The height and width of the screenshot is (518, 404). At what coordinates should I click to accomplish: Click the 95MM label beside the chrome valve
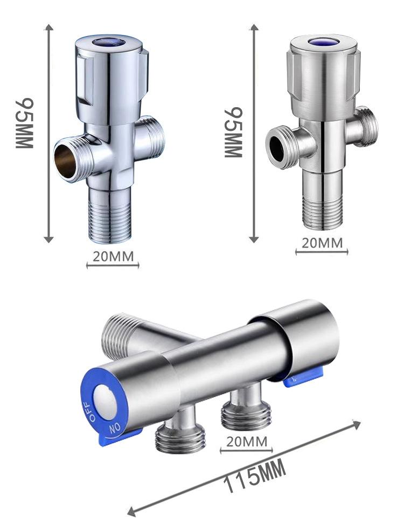pos(24,123)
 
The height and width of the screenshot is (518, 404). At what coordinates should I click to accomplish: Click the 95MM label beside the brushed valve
pos(233,132)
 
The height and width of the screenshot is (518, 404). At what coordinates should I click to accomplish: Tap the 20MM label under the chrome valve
pos(113,256)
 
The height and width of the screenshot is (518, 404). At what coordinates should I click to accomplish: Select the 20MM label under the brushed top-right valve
pos(322,243)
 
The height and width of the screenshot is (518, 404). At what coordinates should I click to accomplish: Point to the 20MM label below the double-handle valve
pos(246,442)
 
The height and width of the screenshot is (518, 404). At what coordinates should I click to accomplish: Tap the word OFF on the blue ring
pos(89,411)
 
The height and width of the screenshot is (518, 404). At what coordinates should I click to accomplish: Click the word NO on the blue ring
pos(115,429)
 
